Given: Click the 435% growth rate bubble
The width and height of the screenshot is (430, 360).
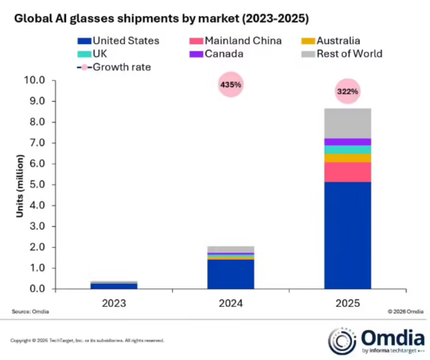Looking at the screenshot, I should (x=230, y=85).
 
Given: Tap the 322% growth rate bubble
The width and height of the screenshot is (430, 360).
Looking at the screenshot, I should (x=348, y=91).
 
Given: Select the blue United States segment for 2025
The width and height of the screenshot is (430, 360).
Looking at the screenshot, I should (x=348, y=235).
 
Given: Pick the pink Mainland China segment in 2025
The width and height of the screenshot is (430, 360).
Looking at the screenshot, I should (x=348, y=172).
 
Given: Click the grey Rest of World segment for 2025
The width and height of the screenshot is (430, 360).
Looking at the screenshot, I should (x=348, y=123).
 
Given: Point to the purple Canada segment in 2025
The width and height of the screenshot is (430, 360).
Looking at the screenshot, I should (x=348, y=142).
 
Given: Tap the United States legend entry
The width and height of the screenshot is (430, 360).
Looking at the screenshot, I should (x=119, y=40).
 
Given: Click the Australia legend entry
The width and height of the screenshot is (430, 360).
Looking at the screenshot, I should (x=331, y=40).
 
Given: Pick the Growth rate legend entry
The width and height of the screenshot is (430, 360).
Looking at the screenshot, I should (x=117, y=68).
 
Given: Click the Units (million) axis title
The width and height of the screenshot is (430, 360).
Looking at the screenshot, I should (x=20, y=184).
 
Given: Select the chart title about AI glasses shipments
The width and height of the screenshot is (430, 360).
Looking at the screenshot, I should (x=161, y=19).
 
